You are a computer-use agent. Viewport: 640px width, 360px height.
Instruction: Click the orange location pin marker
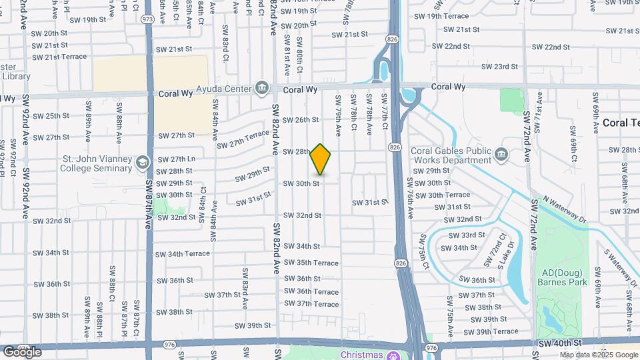click(321, 159)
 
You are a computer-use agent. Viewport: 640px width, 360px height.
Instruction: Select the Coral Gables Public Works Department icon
click(501, 155)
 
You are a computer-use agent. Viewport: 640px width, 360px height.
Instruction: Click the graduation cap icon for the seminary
click(142, 163)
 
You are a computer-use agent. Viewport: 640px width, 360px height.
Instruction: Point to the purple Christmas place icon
click(393, 354)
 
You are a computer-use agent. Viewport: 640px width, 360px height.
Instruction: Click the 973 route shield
click(147, 19)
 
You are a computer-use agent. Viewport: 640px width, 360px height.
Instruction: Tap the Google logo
click(22, 351)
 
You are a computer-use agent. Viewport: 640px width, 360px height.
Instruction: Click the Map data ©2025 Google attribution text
click(598, 355)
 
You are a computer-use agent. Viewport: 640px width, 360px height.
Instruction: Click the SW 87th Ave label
click(148, 199)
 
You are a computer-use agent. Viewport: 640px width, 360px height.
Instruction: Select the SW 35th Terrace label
click(311, 263)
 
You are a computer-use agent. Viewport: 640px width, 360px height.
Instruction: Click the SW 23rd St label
click(499, 67)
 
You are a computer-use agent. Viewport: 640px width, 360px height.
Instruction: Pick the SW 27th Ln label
click(176, 159)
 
